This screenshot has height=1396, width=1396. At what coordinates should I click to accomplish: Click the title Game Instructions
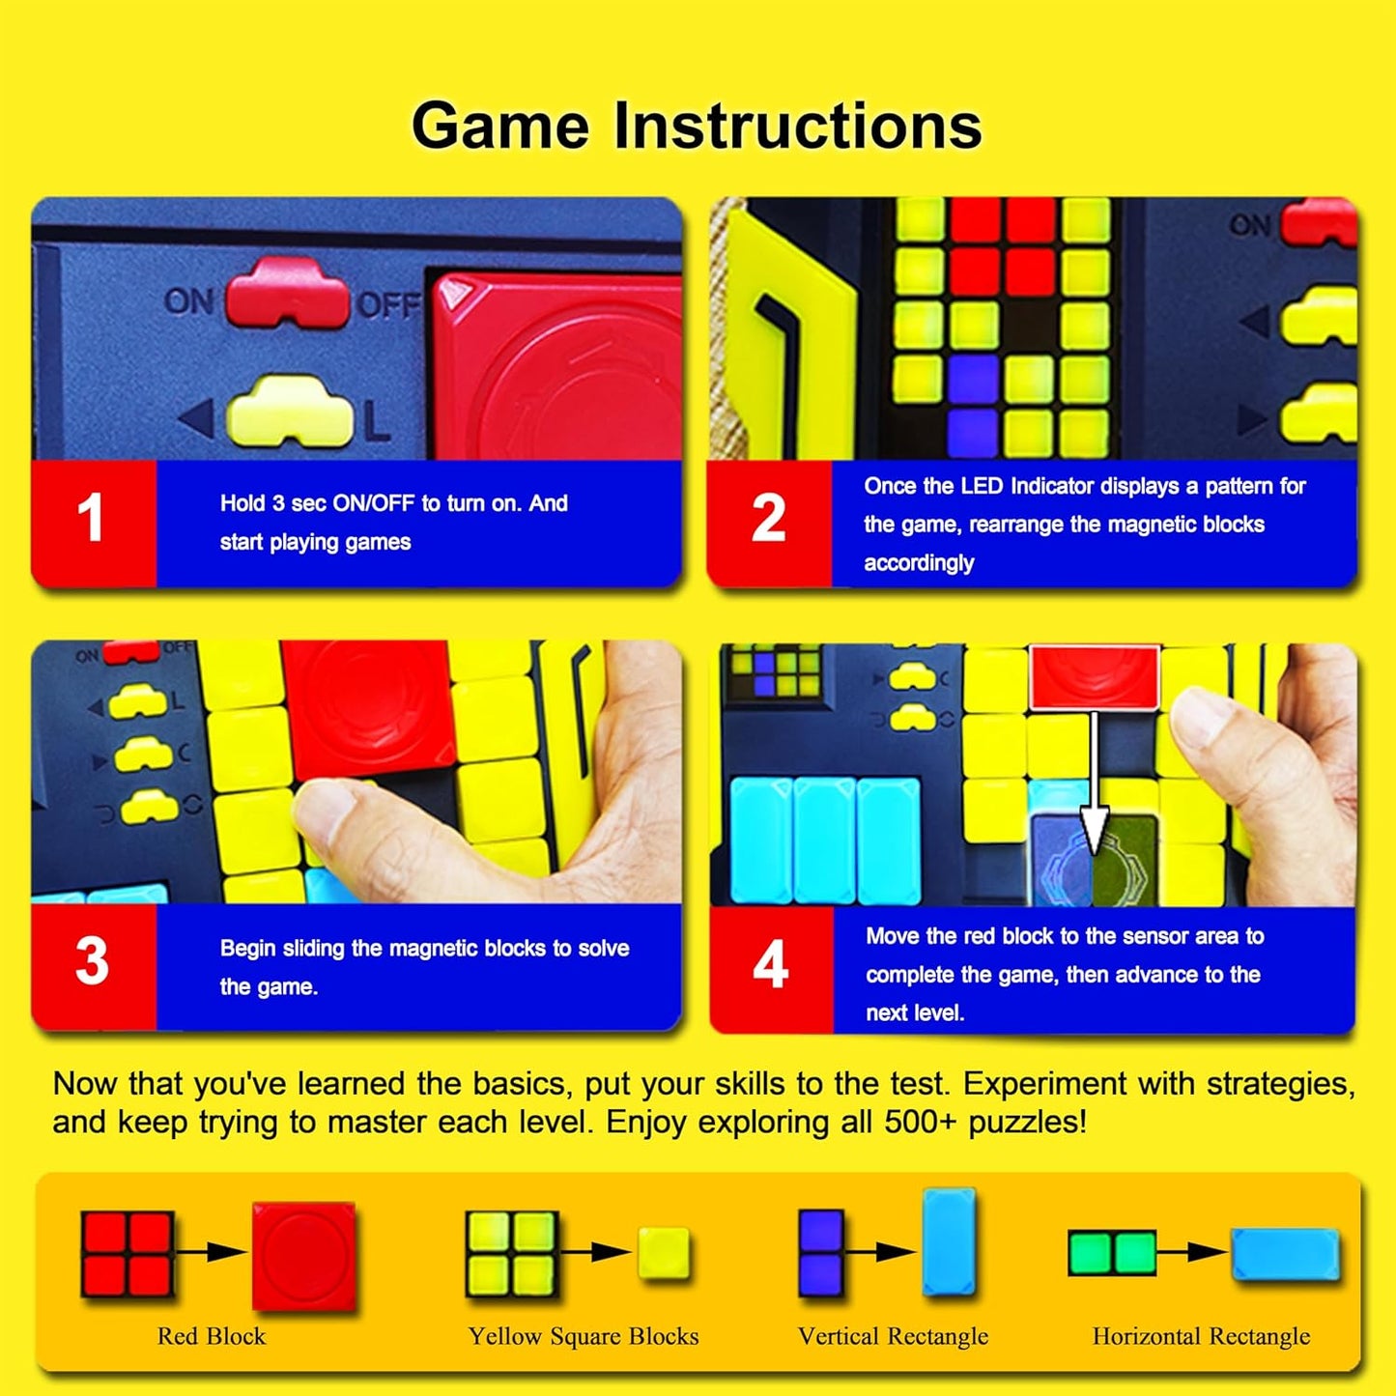tap(697, 127)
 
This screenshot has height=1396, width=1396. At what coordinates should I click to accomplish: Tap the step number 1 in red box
tap(91, 519)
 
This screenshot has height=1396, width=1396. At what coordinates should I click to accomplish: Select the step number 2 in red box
tap(768, 519)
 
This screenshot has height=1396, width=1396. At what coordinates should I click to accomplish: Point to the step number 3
tap(92, 961)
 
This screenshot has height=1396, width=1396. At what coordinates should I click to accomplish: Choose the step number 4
tap(770, 964)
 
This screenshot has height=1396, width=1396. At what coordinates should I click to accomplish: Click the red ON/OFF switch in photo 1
tap(287, 293)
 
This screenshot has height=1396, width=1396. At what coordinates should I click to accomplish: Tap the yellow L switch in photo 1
tap(289, 413)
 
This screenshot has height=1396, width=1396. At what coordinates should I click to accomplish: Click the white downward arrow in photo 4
tap(1094, 783)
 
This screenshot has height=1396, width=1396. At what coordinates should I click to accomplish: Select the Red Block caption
tap(212, 1336)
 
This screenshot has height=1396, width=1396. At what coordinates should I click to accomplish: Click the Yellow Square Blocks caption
tap(584, 1336)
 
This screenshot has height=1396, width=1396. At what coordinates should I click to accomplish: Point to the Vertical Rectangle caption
tap(893, 1336)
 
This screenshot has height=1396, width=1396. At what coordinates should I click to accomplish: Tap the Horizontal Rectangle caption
tap(1201, 1336)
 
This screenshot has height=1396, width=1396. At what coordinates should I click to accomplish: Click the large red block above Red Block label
tap(303, 1255)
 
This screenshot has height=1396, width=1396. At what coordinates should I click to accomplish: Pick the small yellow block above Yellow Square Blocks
tap(664, 1253)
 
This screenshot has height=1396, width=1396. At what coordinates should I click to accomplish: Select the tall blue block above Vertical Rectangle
tap(949, 1242)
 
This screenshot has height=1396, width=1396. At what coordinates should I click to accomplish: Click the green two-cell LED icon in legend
tap(1112, 1253)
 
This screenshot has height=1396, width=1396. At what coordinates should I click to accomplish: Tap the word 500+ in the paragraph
tap(919, 1123)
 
